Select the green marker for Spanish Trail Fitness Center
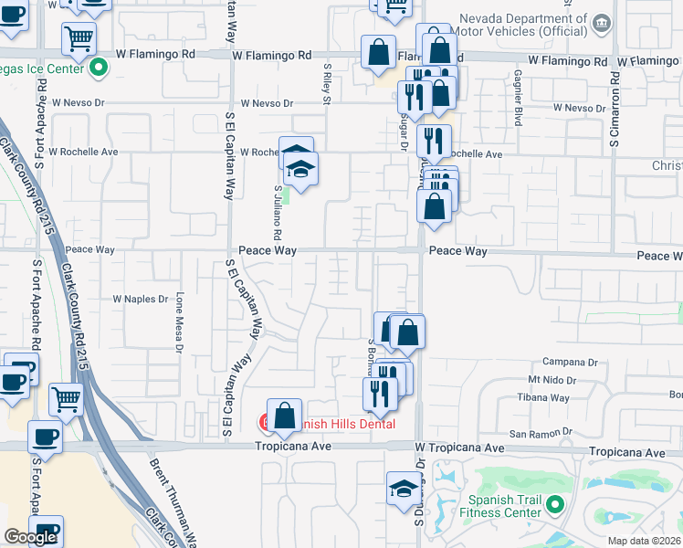554,503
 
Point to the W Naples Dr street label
141,299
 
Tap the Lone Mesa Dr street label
180,321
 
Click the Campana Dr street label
569,362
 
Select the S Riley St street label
326,83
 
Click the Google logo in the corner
30,537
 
